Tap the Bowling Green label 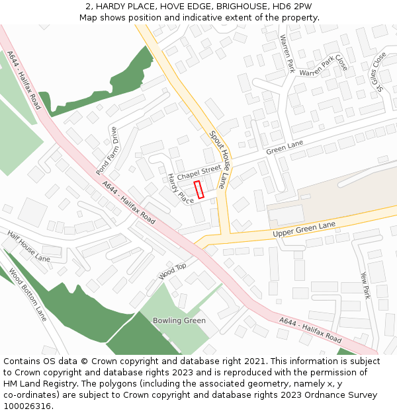point(179,320)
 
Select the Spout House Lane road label point(218,159)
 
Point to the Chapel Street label point(198,172)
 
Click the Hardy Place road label point(180,188)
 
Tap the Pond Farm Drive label point(106,151)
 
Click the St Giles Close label point(378,71)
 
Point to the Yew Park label point(365,285)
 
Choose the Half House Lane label point(28,246)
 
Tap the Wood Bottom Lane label point(28,295)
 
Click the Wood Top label point(173,270)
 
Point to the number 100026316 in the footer point(28,406)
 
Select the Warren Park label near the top point(287,54)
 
